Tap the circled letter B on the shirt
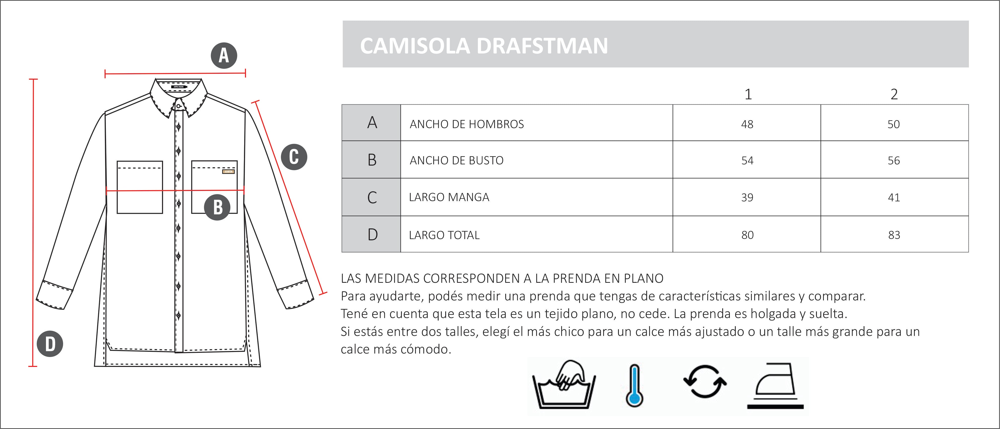(x=217, y=207)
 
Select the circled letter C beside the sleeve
(x=294, y=157)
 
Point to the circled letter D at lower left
(x=50, y=344)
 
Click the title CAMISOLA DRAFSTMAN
(x=484, y=46)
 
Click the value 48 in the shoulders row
(x=747, y=124)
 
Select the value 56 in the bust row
(x=894, y=161)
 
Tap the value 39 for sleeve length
(x=747, y=197)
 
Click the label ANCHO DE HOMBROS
(x=467, y=124)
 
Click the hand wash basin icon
(x=564, y=385)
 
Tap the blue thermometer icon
(x=634, y=386)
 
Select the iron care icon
(x=775, y=386)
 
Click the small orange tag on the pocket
(x=228, y=172)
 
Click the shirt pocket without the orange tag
(x=140, y=187)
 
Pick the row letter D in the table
(x=372, y=235)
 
